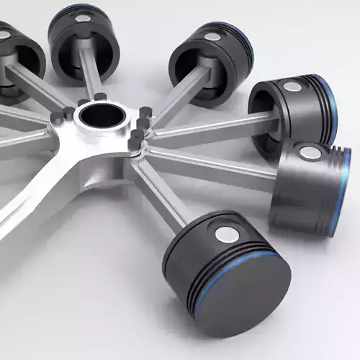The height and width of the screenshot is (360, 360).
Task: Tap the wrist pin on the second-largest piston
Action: pyautogui.click(x=309, y=152)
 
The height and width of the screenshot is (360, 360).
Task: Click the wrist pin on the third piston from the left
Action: pyautogui.click(x=212, y=37)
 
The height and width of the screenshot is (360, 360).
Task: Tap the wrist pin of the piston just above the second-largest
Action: pyautogui.click(x=292, y=87)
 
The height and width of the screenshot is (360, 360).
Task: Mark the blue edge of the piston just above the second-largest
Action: pyautogui.click(x=330, y=108)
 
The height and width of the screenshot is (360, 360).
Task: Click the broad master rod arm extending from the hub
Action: pyautogui.click(x=43, y=173)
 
